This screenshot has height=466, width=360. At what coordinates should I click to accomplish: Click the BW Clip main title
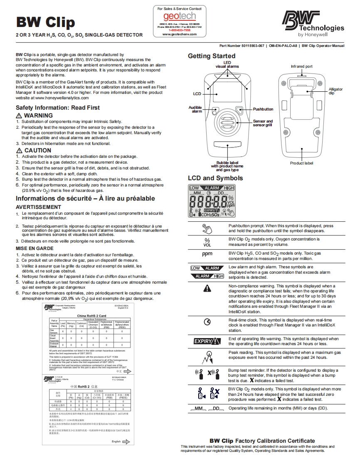[45, 22]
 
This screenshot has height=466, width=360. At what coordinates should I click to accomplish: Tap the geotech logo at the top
[179, 17]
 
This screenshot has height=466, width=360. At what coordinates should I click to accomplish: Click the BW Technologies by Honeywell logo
[313, 24]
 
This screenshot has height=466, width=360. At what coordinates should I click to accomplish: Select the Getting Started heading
[212, 56]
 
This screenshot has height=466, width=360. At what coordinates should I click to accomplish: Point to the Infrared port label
[301, 66]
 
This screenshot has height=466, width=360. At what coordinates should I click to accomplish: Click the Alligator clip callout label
[335, 91]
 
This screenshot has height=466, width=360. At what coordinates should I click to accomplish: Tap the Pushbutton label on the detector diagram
[263, 109]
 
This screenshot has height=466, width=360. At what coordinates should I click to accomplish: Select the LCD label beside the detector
[197, 94]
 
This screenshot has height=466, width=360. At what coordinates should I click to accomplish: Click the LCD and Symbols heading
[215, 178]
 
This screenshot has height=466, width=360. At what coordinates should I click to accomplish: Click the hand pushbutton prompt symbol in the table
[207, 228]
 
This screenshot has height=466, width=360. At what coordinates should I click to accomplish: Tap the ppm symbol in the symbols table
[207, 254]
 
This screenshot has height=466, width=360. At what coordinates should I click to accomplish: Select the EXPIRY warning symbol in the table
[207, 341]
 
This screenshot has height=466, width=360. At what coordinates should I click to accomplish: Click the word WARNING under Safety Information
[38, 115]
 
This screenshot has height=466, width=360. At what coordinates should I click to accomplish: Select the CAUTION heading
[37, 150]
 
